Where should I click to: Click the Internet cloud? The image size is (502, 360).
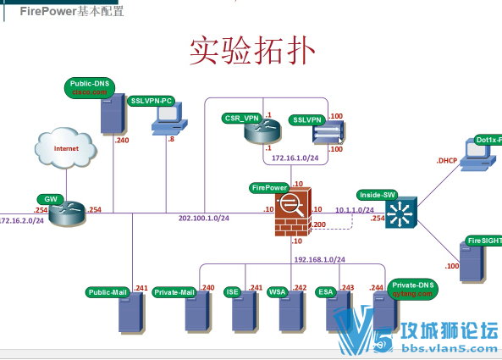[x=65, y=148]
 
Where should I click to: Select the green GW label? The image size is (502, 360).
[x=51, y=199]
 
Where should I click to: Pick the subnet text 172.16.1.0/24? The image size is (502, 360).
[x=295, y=158]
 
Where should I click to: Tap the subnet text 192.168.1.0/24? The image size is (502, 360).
[x=320, y=259]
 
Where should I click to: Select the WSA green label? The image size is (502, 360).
[x=278, y=292]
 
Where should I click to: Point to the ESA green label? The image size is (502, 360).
[x=326, y=292]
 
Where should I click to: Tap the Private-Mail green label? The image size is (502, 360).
[x=175, y=292]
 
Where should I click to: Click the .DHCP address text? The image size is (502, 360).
[x=446, y=160]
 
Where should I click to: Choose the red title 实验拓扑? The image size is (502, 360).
[x=252, y=52]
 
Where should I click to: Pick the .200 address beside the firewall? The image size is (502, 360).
[x=318, y=224]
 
